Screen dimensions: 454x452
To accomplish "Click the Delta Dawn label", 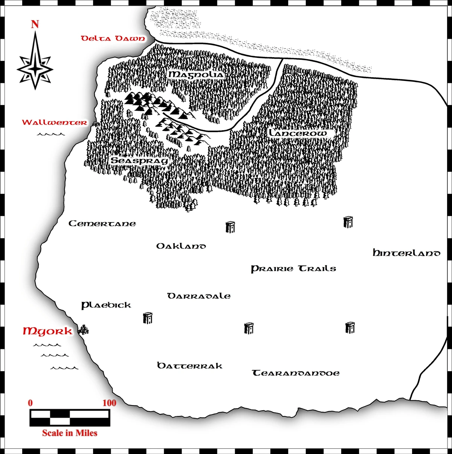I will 113,38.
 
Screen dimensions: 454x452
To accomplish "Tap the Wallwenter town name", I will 54,122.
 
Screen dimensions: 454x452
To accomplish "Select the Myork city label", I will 47,331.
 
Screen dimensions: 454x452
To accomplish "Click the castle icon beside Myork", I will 83,330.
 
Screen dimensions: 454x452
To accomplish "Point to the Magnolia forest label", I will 196,75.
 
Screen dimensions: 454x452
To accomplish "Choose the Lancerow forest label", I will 298,133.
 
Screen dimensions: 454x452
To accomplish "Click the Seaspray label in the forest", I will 139,161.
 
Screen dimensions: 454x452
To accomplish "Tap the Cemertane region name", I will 102,224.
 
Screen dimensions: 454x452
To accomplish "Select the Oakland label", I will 181,246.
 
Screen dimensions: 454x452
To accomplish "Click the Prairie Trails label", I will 293,269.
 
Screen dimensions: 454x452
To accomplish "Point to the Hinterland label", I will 406,253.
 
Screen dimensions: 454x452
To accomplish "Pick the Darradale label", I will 199,296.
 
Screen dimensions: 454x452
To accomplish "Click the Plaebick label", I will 106,305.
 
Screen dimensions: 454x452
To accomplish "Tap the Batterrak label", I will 189,366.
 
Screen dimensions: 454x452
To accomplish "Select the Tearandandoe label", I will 296,373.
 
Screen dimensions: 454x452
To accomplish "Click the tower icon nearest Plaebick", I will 148,318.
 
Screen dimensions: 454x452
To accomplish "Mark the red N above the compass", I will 35,24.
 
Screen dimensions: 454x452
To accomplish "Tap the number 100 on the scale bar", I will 109,403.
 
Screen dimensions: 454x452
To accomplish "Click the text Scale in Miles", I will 70,433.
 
